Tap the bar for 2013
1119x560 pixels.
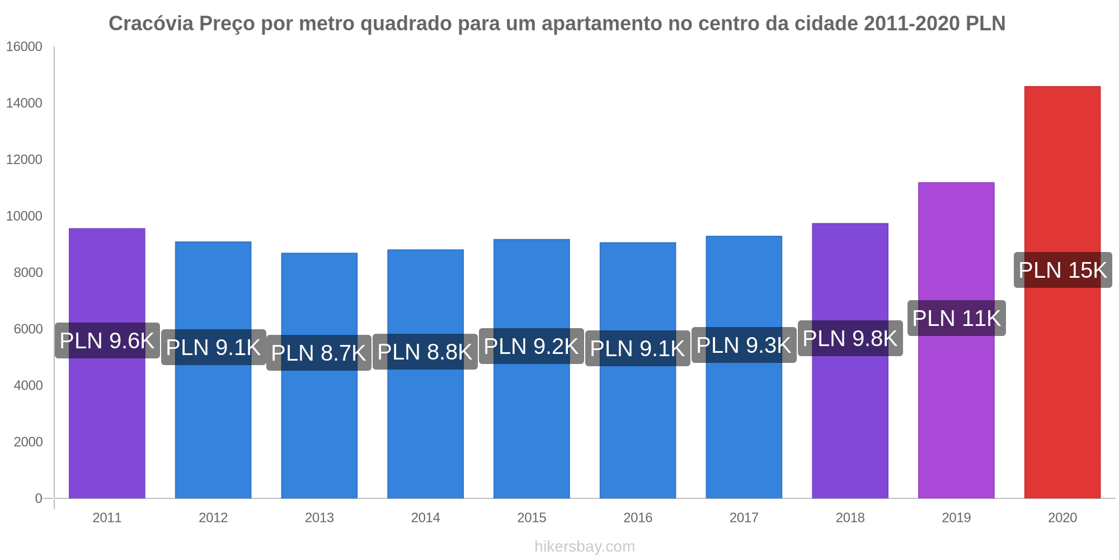(319, 426)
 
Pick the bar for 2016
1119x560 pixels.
(637, 426)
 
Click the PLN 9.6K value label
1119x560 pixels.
(107, 340)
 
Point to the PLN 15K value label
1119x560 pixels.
(1062, 270)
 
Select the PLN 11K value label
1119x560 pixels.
(956, 318)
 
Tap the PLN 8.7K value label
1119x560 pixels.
(318, 353)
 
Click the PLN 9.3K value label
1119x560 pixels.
(744, 345)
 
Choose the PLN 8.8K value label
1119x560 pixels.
(425, 352)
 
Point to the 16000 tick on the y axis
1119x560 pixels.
(24, 47)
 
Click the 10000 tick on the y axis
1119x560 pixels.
(24, 216)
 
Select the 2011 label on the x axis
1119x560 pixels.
(107, 517)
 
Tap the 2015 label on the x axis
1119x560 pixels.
(532, 517)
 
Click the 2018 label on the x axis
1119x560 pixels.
(850, 517)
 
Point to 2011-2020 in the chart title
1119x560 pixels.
(911, 24)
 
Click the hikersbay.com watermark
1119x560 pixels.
(585, 547)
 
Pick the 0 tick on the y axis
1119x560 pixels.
(39, 498)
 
